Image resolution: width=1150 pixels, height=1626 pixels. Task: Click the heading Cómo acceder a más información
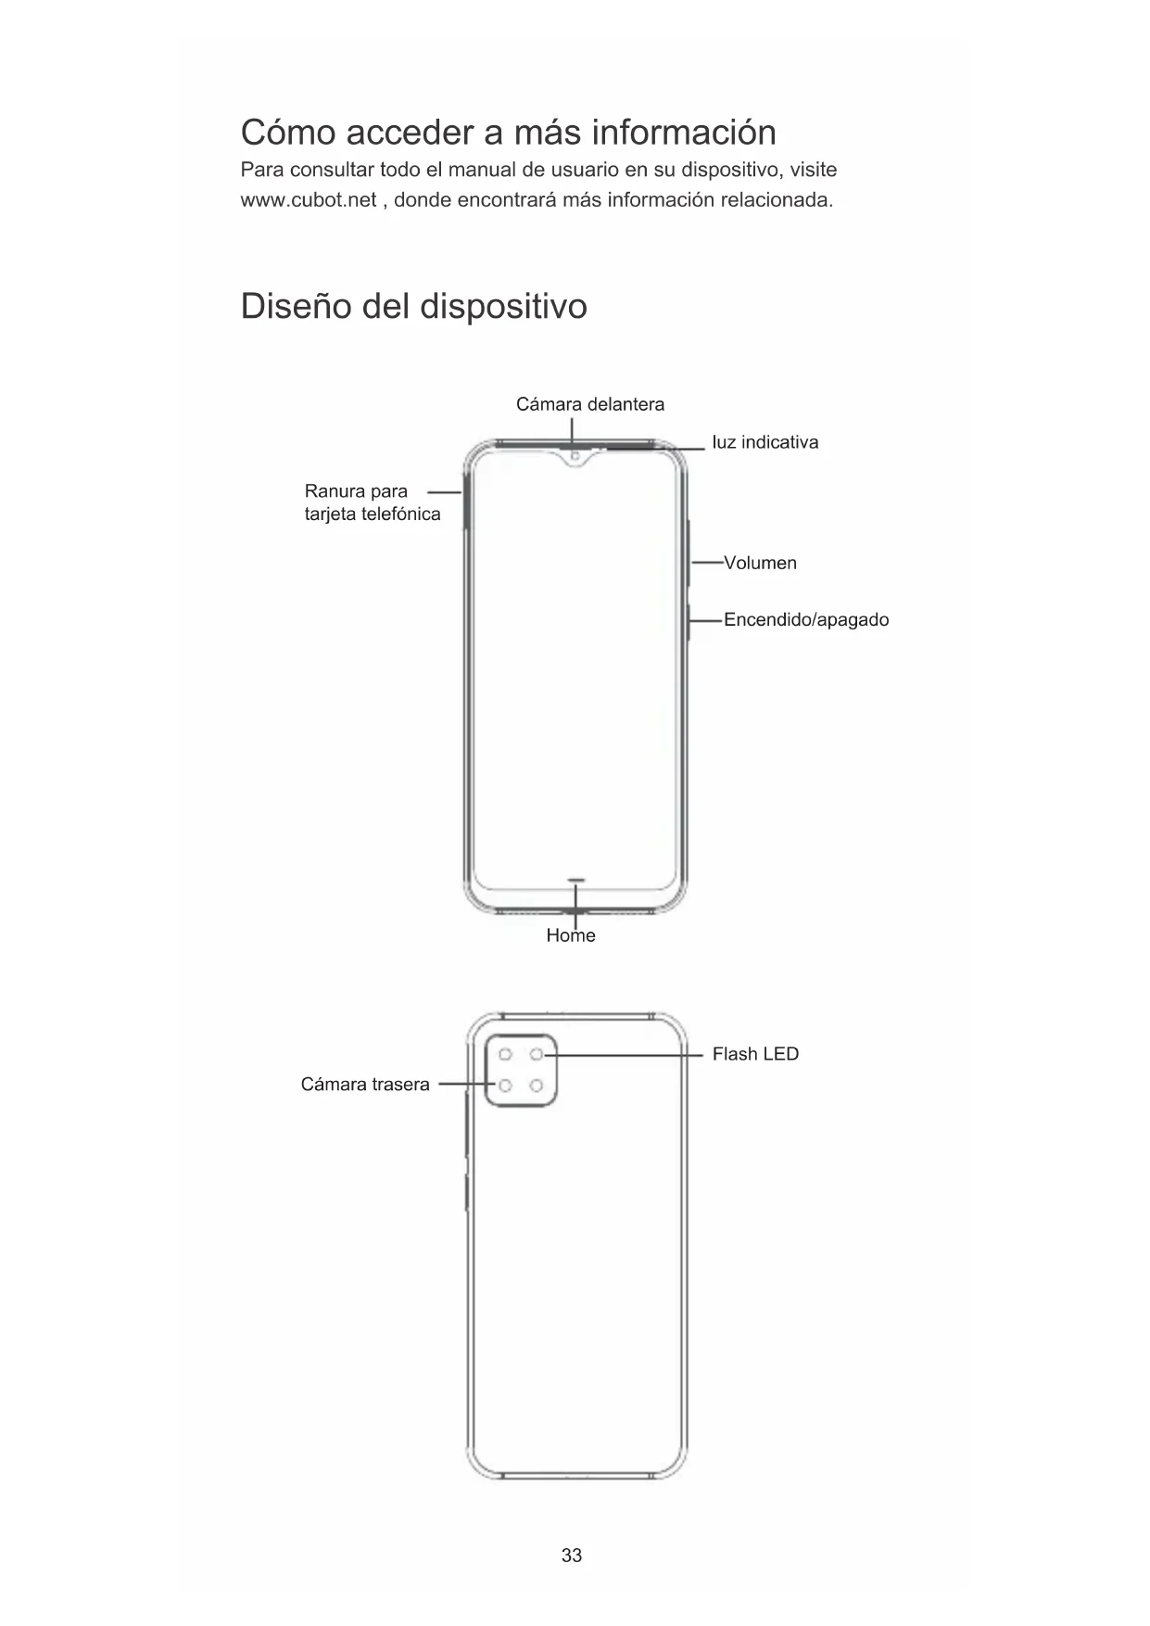[508, 133]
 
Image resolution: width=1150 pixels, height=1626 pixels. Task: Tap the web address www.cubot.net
[309, 200]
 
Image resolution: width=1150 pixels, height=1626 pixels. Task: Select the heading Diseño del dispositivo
[413, 306]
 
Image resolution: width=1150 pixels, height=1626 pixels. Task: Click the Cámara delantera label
[590, 404]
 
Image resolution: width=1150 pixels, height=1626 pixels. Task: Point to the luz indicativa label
[765, 442]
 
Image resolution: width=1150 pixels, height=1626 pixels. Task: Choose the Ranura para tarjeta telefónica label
[372, 502]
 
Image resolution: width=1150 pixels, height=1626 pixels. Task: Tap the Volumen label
[760, 563]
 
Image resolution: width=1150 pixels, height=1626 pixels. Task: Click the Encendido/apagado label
[805, 619]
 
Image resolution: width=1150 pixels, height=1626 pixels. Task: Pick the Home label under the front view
[571, 935]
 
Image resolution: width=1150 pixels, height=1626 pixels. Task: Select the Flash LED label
[755, 1054]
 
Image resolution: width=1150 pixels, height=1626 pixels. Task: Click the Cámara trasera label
[365, 1085]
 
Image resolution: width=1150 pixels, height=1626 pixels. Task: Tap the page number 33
[572, 1555]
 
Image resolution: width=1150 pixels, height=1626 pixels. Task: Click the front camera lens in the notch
[575, 456]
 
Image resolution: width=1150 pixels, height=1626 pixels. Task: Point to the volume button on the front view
[689, 553]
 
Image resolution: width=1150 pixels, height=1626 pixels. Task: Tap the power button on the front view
[689, 621]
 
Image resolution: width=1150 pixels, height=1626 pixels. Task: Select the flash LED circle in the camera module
[537, 1055]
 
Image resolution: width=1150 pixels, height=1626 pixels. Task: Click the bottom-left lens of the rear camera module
[506, 1086]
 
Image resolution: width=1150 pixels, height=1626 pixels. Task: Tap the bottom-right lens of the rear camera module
[537, 1086]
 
